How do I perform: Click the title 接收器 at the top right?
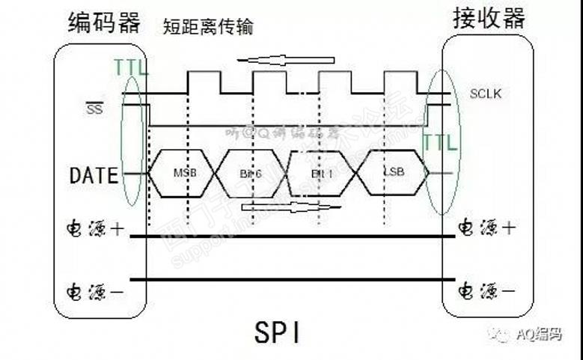tap(489, 19)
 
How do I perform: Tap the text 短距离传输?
tap(208, 27)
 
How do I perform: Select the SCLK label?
tap(485, 94)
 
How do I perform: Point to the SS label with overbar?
tap(95, 109)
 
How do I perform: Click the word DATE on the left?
tap(94, 176)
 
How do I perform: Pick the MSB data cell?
tap(184, 174)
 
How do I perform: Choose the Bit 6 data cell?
tap(252, 174)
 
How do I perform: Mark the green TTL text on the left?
tap(132, 69)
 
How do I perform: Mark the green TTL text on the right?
tap(439, 142)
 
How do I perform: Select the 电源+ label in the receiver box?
tap(486, 228)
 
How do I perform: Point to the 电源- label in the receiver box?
tap(486, 290)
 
